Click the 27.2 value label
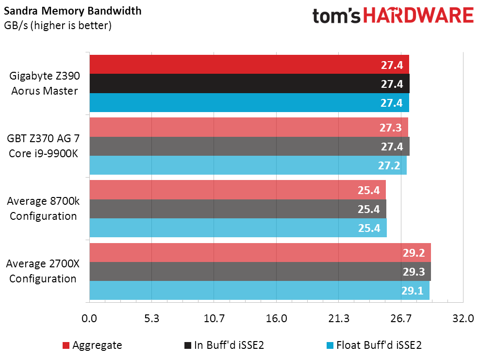389,165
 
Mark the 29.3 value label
414,272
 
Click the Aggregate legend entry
92,345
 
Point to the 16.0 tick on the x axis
277,319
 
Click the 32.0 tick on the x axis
463,319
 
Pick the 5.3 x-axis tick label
152,319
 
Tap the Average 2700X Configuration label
43,272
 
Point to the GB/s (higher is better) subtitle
58,25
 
